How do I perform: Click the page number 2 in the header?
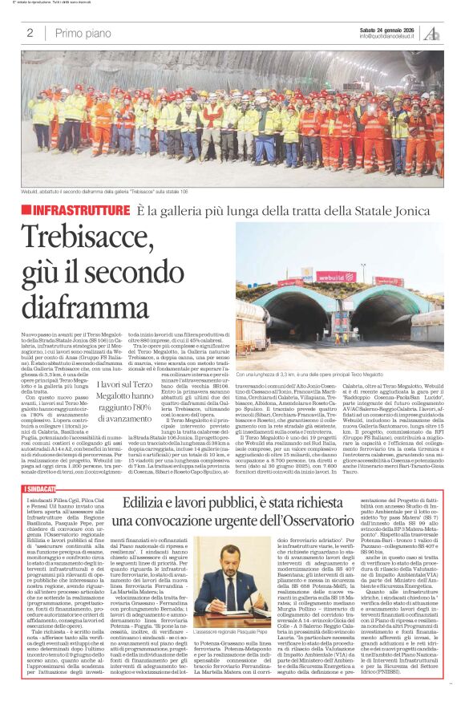coord(30,33)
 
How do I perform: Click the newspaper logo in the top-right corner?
coord(433,33)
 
